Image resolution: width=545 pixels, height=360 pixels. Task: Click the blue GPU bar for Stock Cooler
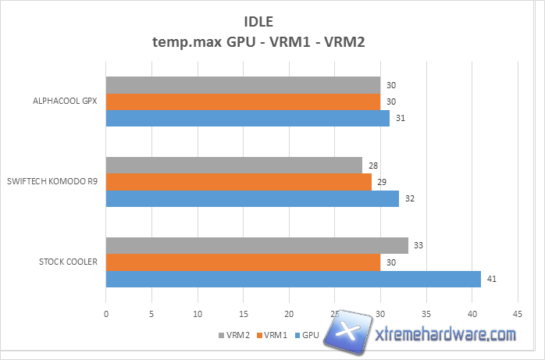[293, 279]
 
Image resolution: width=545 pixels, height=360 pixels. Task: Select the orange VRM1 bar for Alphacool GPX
[243, 102]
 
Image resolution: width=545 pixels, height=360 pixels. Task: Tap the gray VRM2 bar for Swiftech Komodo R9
[233, 165]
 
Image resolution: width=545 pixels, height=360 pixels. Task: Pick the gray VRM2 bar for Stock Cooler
[257, 245]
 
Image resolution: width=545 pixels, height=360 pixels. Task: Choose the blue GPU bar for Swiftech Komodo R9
[252, 198]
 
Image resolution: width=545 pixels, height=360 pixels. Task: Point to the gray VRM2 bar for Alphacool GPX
[243, 84]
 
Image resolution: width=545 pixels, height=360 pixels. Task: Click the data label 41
[492, 279]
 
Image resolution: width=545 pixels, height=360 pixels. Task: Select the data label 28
[372, 166]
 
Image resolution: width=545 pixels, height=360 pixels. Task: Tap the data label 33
[419, 245]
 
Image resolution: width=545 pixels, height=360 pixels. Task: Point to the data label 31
[400, 119]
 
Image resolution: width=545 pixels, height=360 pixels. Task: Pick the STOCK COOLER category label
[68, 262]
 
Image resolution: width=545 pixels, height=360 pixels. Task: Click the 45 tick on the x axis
[517, 313]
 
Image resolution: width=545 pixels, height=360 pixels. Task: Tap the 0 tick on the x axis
[106, 313]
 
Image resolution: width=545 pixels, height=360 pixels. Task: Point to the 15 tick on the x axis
[243, 313]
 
